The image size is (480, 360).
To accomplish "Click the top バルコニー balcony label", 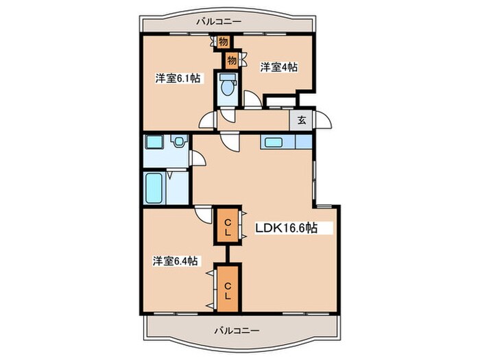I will point(219,22).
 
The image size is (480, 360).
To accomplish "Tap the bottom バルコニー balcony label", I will point(236,330).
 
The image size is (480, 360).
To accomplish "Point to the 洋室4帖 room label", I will point(278,67).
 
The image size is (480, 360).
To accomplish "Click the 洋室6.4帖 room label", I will point(176,261).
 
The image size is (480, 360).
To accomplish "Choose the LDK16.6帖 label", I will point(286,228).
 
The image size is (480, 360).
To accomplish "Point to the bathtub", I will point(154,187).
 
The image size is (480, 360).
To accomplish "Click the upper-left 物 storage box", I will point(223,42).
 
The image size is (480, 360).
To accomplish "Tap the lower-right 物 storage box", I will point(232,60).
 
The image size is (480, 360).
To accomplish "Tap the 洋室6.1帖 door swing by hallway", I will point(206,121).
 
